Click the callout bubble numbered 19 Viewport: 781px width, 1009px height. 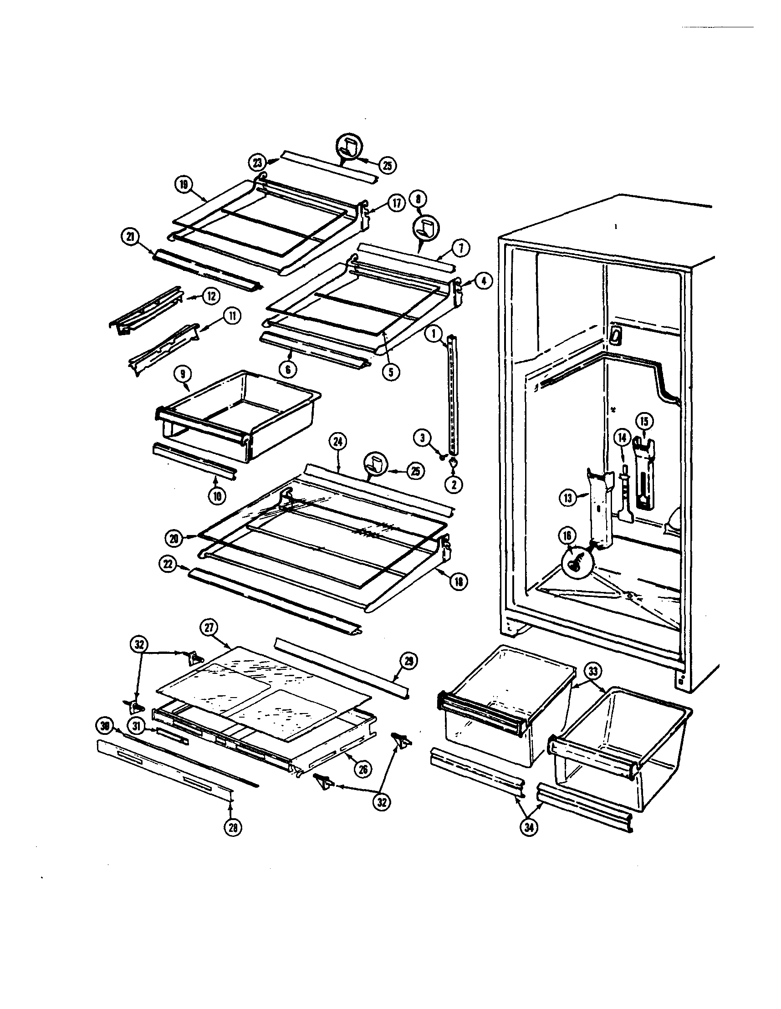pos(184,184)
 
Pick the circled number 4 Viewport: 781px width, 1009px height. pos(483,281)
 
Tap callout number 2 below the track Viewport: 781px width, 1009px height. pos(454,484)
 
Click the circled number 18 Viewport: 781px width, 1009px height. pos(458,581)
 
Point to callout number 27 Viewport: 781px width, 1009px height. pos(209,627)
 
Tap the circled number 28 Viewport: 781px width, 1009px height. pos(232,828)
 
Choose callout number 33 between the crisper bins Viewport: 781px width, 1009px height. pos(593,671)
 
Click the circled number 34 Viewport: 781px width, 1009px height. pos(529,828)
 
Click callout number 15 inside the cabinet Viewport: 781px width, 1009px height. pos(644,421)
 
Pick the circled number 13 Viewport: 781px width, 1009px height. pos(568,498)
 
